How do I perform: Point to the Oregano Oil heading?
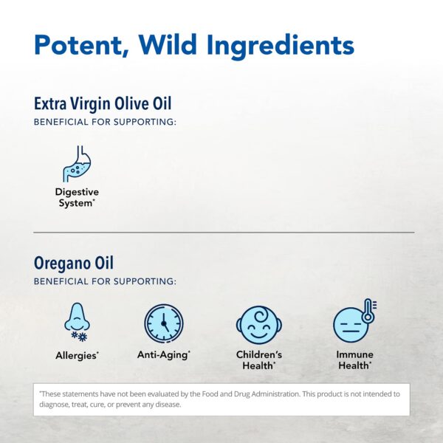pyautogui.click(x=74, y=263)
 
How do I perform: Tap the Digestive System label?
pyautogui.click(x=77, y=197)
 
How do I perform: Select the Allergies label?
pyautogui.click(x=76, y=356)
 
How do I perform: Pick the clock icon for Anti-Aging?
pyautogui.click(x=164, y=323)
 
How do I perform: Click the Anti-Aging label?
pyautogui.click(x=163, y=355)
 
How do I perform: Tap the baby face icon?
pyautogui.click(x=258, y=324)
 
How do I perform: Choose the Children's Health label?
pyautogui.click(x=258, y=360)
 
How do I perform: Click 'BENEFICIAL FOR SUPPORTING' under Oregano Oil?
pyautogui.click(x=105, y=281)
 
